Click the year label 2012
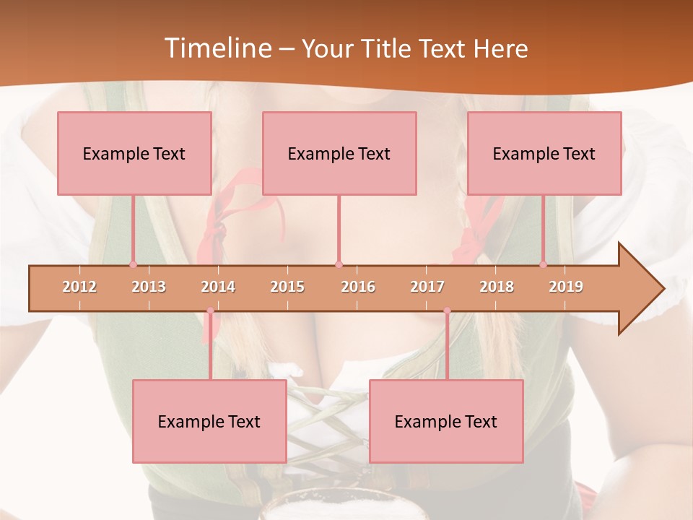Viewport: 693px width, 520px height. click(79, 287)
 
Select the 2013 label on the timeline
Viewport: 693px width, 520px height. click(149, 287)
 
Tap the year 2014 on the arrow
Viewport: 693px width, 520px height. click(218, 287)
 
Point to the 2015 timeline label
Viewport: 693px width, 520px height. click(287, 287)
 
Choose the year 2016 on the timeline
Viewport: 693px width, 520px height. click(358, 287)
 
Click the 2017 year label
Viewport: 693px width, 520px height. click(427, 287)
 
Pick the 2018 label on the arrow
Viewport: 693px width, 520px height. click(497, 287)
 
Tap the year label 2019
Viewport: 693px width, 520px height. click(566, 287)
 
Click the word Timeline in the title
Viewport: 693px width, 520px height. click(217, 48)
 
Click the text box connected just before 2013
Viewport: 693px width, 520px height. click(134, 153)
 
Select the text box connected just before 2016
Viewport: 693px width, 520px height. click(339, 153)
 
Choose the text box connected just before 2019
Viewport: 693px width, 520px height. click(544, 153)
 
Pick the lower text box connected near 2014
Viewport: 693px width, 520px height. click(209, 421)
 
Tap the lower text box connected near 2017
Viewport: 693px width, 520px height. click(446, 421)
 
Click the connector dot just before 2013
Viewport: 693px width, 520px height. click(133, 264)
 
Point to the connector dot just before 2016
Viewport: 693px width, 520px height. click(339, 264)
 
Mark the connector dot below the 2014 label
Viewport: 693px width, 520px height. click(210, 311)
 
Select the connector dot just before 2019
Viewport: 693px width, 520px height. click(543, 264)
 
